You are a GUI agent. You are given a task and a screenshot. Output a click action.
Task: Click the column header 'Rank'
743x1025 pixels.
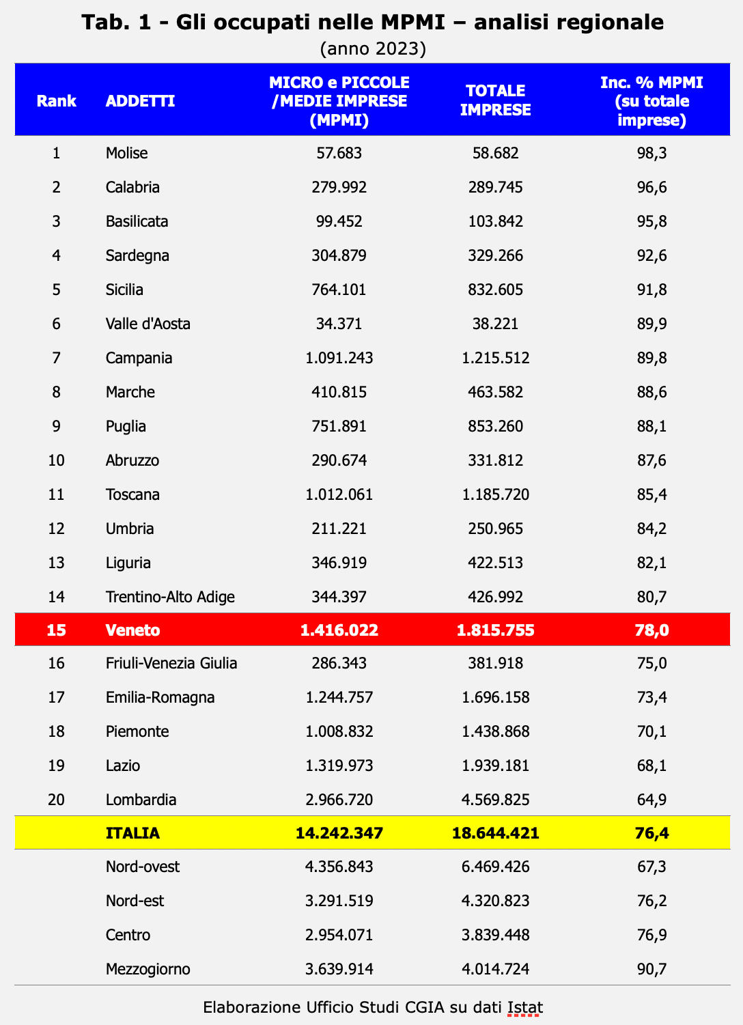click(56, 101)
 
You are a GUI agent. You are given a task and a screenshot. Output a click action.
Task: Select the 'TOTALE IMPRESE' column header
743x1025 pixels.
click(495, 100)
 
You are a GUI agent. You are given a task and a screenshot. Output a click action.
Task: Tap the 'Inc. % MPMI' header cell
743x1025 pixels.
click(651, 101)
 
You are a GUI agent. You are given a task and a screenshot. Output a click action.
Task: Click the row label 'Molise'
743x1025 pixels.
click(127, 153)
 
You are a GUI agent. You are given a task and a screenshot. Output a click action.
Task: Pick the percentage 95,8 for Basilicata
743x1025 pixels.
click(651, 221)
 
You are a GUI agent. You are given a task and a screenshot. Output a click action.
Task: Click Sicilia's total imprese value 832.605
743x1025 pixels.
click(496, 290)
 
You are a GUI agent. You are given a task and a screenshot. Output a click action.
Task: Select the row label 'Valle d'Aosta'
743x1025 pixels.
click(148, 324)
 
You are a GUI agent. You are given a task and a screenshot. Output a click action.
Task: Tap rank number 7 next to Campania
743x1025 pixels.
click(56, 358)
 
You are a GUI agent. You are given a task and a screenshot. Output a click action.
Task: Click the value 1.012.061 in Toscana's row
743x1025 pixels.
click(339, 494)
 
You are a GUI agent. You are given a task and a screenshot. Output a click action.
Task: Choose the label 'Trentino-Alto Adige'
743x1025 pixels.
click(170, 597)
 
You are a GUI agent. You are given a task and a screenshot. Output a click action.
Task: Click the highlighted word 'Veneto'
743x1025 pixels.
click(133, 630)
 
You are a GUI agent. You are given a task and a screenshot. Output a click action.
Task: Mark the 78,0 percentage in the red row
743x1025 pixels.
click(651, 630)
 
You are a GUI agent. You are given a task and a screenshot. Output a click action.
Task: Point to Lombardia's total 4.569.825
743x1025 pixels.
click(496, 800)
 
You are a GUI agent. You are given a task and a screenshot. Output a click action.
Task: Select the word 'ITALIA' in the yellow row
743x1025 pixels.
click(132, 833)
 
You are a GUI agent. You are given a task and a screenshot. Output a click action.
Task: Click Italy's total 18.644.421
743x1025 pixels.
click(496, 833)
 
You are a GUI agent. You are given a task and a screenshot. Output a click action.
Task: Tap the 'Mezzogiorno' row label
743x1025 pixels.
click(148, 969)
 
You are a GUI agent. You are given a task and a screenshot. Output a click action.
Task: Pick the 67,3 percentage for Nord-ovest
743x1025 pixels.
click(651, 867)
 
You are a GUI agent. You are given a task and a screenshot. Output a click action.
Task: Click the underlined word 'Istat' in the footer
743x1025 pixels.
click(525, 1007)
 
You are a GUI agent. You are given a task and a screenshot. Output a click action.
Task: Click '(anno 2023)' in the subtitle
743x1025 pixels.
click(373, 48)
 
